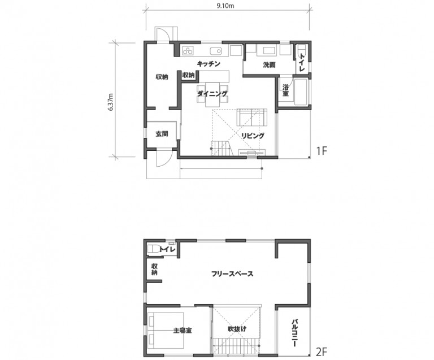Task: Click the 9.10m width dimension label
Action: coord(225,6)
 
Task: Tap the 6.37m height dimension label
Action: coord(111,102)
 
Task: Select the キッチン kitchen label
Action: coord(209,64)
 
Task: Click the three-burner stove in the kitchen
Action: coord(188,50)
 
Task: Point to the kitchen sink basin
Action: coord(216,51)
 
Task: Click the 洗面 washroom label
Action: coord(269,65)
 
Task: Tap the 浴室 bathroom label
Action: coord(285,90)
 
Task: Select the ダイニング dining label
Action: coord(212,93)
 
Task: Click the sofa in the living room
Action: coord(252,117)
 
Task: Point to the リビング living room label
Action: coord(253,136)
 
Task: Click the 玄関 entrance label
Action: coord(162,134)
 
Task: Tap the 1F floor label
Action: coord(322,151)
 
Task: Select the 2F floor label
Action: coord(322,352)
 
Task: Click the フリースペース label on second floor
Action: coord(232,274)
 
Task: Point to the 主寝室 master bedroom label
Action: coord(183,330)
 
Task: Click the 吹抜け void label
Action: coord(237,329)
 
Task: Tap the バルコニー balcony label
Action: coord(295,333)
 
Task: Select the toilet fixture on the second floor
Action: coord(153,249)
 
